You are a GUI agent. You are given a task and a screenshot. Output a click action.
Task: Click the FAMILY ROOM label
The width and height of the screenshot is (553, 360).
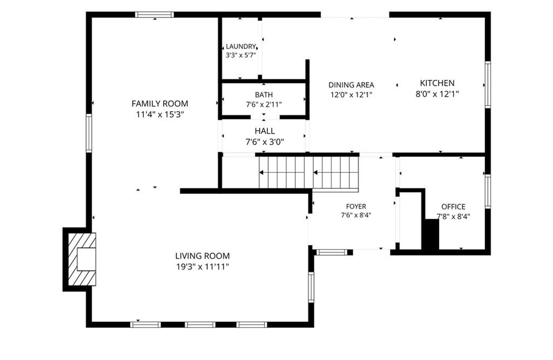pos(160,104)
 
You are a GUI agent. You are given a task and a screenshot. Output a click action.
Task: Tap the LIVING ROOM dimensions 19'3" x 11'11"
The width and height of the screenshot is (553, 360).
pos(203,267)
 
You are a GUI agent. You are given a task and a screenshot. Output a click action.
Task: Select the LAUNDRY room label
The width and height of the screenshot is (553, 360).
pos(241,46)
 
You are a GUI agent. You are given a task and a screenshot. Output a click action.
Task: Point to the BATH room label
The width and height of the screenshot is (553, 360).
pos(264,94)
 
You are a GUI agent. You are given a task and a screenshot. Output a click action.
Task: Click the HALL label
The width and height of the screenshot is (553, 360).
pos(265,131)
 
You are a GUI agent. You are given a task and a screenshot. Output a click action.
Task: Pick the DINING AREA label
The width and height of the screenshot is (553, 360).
pos(351,85)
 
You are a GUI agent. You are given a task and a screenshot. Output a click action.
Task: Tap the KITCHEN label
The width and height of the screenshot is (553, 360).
pos(437,83)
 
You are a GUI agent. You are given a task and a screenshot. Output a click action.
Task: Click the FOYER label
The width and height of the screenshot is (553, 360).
pos(356,206)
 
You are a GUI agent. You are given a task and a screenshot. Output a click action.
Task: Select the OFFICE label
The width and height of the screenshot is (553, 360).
pos(454,207)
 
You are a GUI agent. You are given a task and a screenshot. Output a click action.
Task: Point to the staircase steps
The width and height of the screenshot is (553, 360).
pos(308,173)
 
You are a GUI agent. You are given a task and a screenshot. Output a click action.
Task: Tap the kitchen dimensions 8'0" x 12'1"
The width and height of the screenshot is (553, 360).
pos(437,94)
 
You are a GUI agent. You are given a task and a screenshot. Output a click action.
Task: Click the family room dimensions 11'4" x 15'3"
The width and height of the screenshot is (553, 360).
pos(160,114)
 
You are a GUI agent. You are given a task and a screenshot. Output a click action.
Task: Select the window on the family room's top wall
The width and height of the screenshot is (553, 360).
pos(154,15)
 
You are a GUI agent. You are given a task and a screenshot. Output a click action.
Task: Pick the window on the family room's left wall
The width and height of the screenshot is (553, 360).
pos(89,133)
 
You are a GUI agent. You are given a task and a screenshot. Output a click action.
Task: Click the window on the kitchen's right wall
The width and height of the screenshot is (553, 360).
pos(488,85)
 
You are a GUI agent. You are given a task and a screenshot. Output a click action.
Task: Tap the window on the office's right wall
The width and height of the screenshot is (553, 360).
pos(488,191)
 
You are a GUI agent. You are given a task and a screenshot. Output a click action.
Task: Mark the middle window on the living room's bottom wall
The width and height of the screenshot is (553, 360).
pos(200,325)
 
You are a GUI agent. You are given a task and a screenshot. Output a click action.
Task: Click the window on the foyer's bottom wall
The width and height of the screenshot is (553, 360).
pos(332,252)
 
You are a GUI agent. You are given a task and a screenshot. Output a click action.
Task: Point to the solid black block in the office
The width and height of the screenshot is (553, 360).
pos(430,234)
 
